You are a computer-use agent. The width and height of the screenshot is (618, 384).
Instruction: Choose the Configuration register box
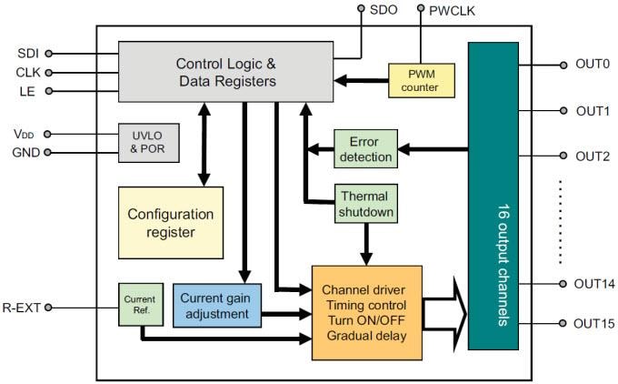pos(170,223)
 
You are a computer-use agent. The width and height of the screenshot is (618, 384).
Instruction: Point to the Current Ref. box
pos(139,305)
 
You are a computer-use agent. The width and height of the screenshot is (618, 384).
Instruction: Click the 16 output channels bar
pos(493,196)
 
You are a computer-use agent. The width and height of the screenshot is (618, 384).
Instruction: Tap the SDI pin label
pos(29,54)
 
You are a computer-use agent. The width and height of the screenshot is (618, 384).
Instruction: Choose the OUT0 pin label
pos(592,65)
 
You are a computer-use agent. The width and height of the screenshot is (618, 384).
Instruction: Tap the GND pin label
pos(25,152)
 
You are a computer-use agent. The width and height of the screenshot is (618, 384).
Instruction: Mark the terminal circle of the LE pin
pos(49,91)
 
